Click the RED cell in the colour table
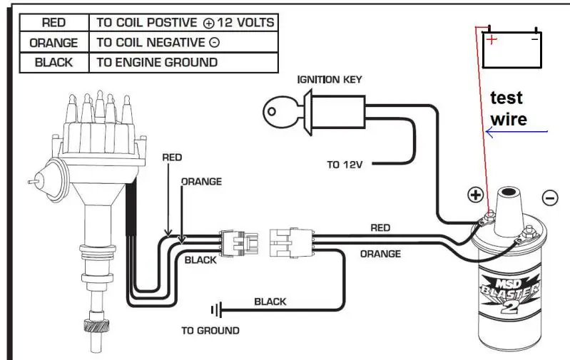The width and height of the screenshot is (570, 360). coord(54,23)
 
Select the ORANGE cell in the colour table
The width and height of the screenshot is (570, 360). coord(54,43)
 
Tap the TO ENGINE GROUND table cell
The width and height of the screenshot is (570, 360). coord(183,63)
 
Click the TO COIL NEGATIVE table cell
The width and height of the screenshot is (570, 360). coord(183,42)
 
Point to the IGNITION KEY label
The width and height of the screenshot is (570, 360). coord(330,80)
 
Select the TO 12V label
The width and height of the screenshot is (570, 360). coord(345,165)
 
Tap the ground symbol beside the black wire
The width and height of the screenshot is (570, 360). coord(216,310)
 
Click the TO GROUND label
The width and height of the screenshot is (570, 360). coord(210,331)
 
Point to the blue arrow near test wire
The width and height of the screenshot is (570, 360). coord(516,132)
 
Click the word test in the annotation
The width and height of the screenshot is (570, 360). coord(506,98)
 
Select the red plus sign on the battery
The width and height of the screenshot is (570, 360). coord(492,39)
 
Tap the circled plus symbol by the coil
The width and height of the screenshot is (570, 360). coord(475,195)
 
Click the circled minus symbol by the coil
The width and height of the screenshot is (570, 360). coord(549,198)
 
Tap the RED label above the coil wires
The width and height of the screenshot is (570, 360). coord(380,228)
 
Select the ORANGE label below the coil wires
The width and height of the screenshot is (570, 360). coord(380,254)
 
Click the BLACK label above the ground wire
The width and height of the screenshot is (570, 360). coord(270,302)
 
